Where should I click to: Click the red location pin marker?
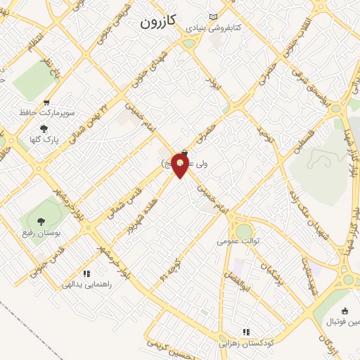click(x=181, y=166)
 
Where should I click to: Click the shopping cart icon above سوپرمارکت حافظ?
click(x=47, y=103)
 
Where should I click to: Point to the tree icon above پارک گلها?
click(x=44, y=129)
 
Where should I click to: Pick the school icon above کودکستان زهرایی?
click(x=246, y=332)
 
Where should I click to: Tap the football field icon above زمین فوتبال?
click(x=345, y=311)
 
